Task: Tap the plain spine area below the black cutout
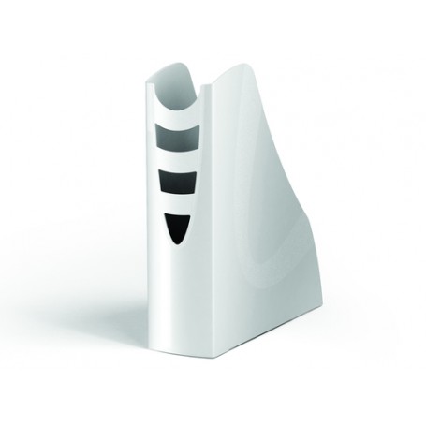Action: point(178,300)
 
